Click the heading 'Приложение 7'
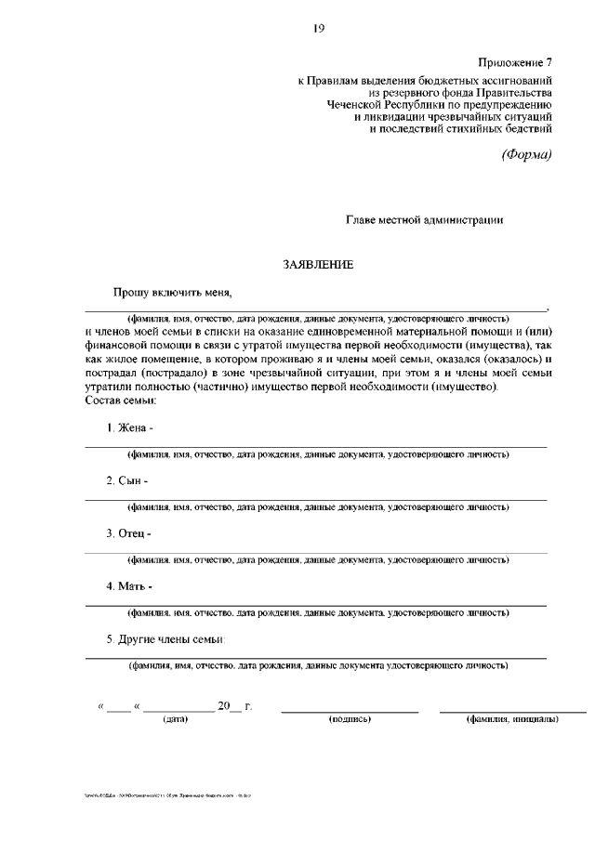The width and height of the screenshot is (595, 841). [515, 62]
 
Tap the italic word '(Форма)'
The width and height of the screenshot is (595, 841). [527, 154]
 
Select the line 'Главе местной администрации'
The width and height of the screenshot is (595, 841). [425, 220]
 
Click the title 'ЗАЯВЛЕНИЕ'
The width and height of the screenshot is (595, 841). [318, 265]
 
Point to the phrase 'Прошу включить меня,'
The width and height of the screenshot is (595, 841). [172, 292]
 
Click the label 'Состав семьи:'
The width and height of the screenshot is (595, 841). [120, 400]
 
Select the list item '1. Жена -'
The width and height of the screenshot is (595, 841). [129, 427]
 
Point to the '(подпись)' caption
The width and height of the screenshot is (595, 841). [350, 719]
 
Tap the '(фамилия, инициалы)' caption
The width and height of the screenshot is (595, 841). [512, 719]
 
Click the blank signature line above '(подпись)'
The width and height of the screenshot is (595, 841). [350, 711]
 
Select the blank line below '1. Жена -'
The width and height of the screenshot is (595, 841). [316, 447]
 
